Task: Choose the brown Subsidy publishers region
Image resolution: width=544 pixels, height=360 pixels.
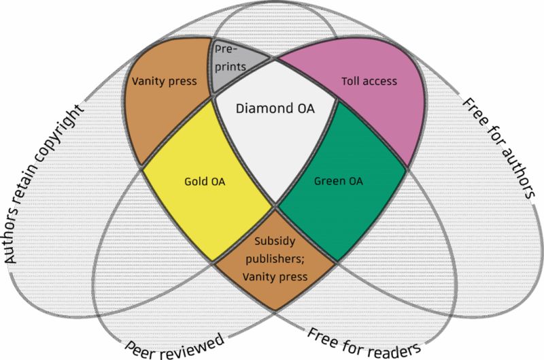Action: (x=275, y=259)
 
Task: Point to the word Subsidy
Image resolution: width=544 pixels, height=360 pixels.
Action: (x=275, y=241)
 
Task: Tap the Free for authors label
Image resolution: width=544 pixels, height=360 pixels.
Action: (x=500, y=146)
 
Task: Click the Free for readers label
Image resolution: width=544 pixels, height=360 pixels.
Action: (x=363, y=343)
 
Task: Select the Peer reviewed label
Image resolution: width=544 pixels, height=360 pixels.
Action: (x=175, y=345)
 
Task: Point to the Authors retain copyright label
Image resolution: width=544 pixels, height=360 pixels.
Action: (x=44, y=184)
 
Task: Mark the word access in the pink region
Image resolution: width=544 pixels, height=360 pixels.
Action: (x=381, y=82)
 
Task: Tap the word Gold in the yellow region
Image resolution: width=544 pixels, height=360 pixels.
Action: (x=196, y=182)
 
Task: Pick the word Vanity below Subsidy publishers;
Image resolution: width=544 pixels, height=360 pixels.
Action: (x=258, y=277)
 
